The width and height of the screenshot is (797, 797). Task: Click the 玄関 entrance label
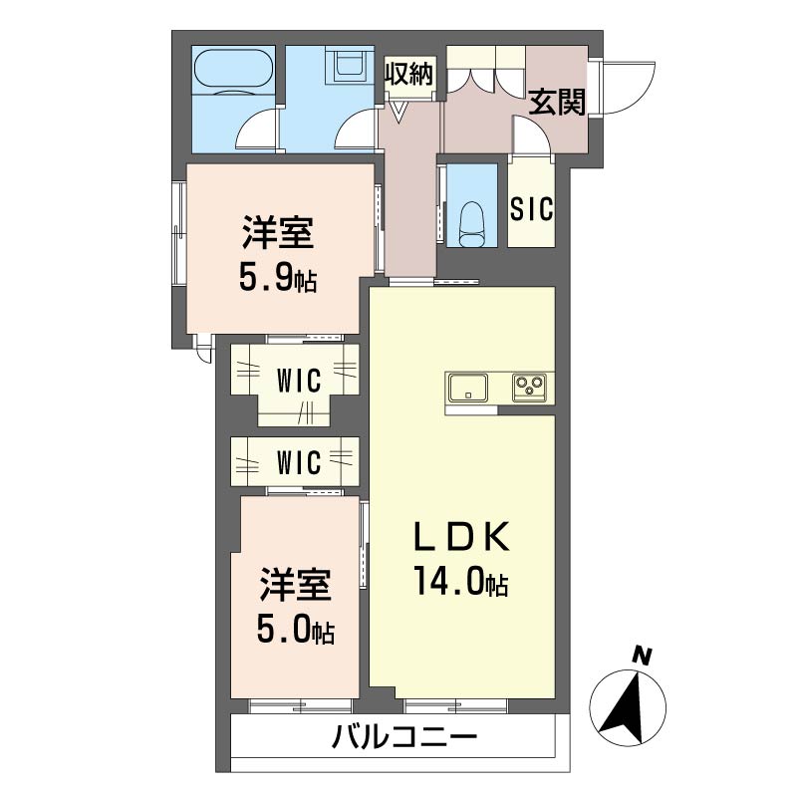coord(557,102)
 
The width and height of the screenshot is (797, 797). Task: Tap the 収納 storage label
coord(408,75)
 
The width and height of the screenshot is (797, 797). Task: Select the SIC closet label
coord(532,209)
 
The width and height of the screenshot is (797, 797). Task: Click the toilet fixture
coord(471,224)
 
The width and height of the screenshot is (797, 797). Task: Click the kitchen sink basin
coord(467,388)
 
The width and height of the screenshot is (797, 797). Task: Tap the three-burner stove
coord(530,388)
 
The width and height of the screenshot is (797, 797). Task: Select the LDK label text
coord(461,538)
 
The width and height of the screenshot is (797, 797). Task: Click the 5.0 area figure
coord(282,631)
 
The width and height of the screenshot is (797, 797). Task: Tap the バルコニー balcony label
coord(404,737)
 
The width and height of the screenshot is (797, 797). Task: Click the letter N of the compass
coord(643,657)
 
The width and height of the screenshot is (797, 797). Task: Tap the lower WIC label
coord(298,462)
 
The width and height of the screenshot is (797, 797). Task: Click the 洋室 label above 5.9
coord(278,233)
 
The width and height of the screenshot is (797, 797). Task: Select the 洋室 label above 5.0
coord(295,585)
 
